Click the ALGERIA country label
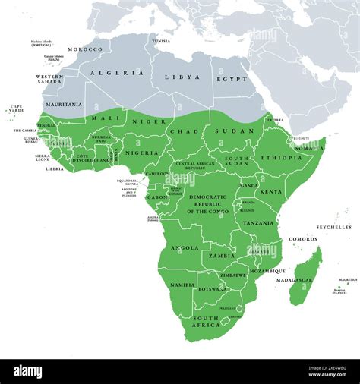117,73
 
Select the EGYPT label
232,78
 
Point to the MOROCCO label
84,49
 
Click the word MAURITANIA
63,104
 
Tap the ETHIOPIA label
281,158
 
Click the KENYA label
270,191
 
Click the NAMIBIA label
182,285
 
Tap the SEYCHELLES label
334,227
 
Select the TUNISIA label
161,41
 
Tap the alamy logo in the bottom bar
38,370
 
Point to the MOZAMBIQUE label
267,271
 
